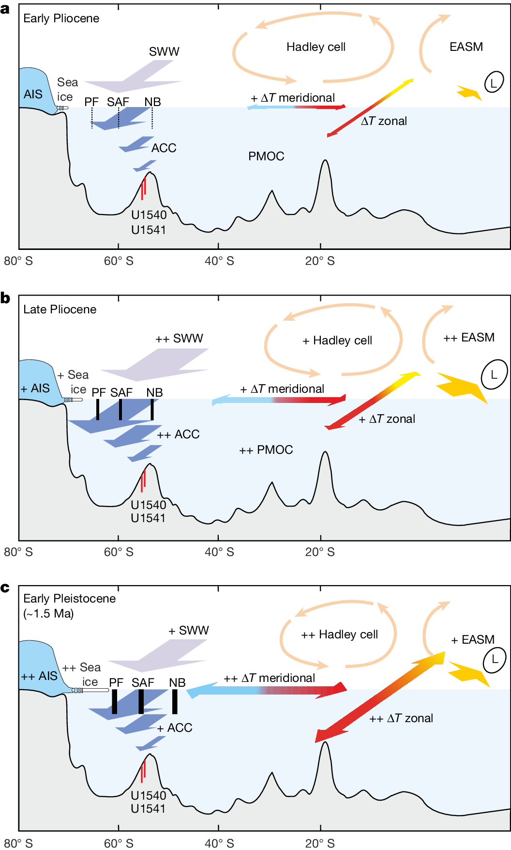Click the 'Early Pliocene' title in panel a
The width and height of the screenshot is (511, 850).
(61, 18)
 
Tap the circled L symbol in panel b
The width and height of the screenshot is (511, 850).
(494, 374)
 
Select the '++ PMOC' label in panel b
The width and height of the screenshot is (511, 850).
(266, 450)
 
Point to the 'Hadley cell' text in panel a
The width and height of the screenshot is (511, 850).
(316, 47)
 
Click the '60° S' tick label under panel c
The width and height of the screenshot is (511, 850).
(119, 843)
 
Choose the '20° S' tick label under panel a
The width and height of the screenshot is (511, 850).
(319, 261)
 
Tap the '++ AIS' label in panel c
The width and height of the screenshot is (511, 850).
(39, 676)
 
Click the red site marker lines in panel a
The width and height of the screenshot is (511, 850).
(143, 188)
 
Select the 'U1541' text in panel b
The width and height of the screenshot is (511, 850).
(148, 518)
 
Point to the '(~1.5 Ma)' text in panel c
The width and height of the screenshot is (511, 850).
(48, 614)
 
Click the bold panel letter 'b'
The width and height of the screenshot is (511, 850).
(5, 298)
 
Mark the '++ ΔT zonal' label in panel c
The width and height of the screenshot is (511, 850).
(401, 718)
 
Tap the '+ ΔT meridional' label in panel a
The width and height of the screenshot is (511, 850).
(293, 98)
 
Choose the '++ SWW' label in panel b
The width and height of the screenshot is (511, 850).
(179, 338)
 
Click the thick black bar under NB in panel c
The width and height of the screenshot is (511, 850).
(175, 701)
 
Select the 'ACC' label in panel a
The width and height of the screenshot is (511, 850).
(164, 148)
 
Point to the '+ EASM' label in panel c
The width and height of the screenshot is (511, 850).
(472, 640)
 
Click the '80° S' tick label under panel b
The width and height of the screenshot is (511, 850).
(18, 552)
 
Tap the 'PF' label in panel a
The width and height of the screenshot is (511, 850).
(91, 102)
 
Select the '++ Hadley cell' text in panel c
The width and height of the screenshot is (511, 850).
(339, 634)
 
